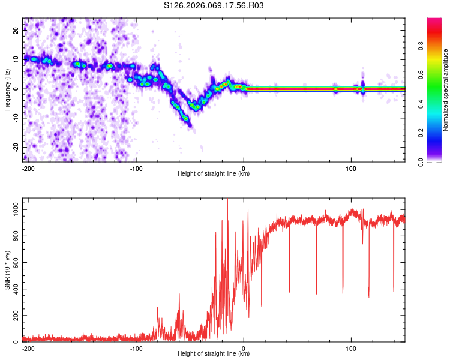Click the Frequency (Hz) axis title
[x=7, y=90]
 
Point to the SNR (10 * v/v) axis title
[x=7, y=270]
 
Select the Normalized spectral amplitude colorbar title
[x=446, y=90]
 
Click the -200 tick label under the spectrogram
[x=28, y=168]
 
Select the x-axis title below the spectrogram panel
[x=214, y=174]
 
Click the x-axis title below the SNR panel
[x=214, y=354]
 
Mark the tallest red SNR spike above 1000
[x=227, y=200]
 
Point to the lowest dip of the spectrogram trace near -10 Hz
[x=187, y=119]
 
